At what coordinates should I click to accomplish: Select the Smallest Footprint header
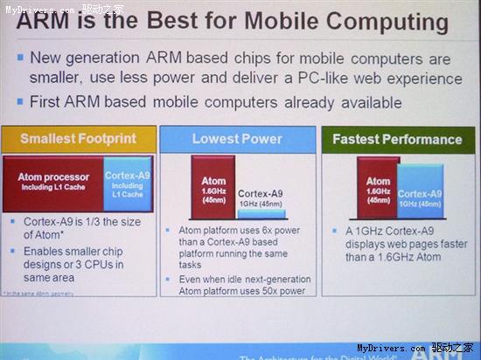79,139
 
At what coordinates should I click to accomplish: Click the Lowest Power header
239,139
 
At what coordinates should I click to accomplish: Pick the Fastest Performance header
397,139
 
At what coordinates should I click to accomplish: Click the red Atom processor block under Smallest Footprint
53,183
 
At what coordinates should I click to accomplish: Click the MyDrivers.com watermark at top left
38,8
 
